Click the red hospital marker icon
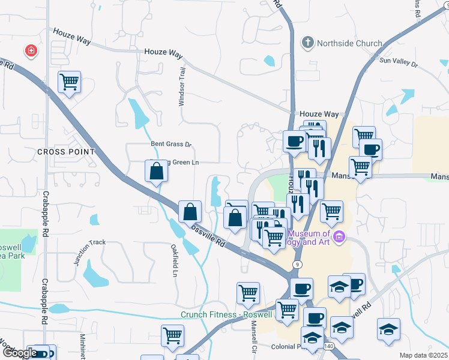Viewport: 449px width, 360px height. pyautogui.click(x=30, y=51)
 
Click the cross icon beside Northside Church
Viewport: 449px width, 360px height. pyautogui.click(x=307, y=43)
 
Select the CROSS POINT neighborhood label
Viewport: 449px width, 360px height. pyautogui.click(x=66, y=152)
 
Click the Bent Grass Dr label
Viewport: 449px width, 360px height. pyautogui.click(x=170, y=144)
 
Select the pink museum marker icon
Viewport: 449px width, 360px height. pyautogui.click(x=340, y=236)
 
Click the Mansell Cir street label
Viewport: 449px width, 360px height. pyautogui.click(x=254, y=337)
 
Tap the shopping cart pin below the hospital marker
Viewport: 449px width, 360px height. pyautogui.click(x=69, y=82)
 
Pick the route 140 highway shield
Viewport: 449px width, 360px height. pyautogui.click(x=328, y=346)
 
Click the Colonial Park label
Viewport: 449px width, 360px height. pyautogui.click(x=289, y=346)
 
